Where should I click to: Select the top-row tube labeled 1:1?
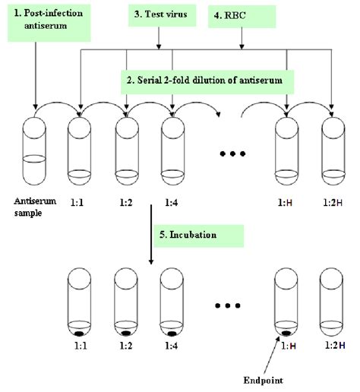(x=80, y=148)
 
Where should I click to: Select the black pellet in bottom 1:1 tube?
(x=80, y=334)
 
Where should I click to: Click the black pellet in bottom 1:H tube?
(x=286, y=334)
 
